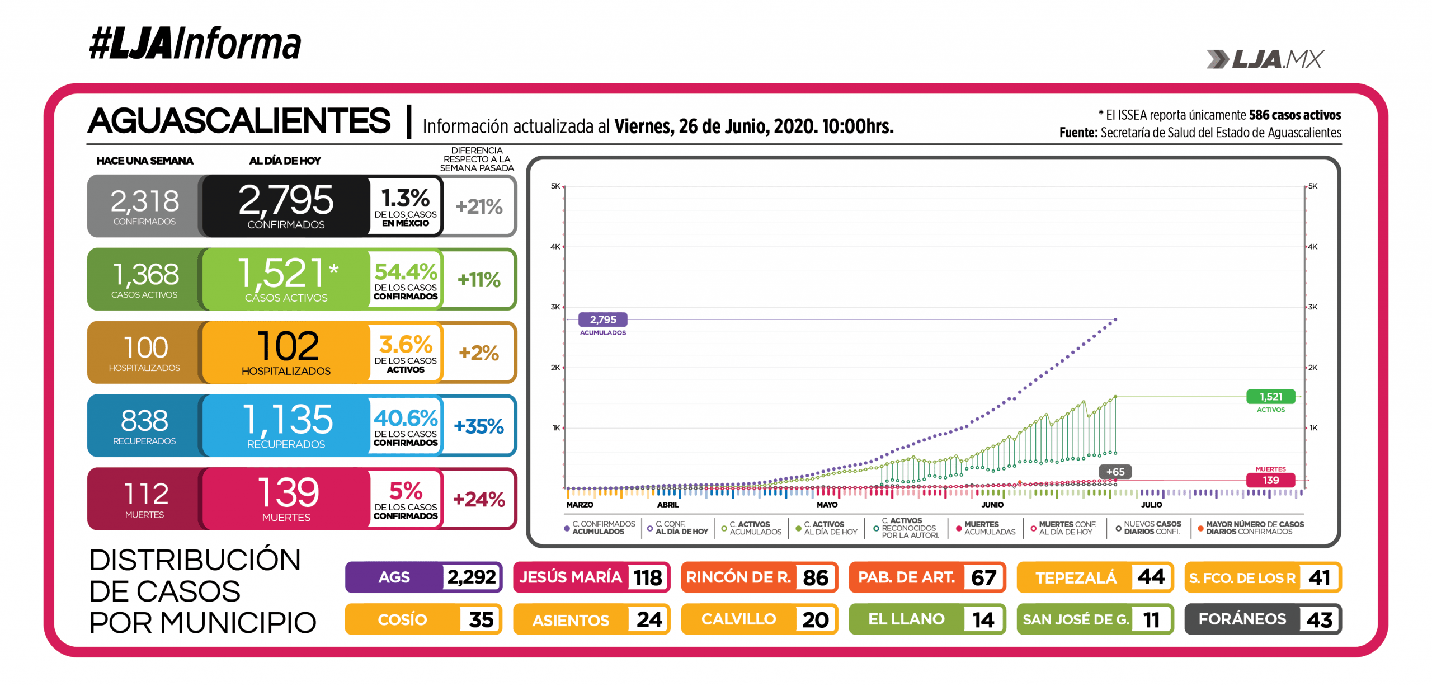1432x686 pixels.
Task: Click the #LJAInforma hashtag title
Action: [195, 44]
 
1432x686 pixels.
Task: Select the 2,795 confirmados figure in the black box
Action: [286, 200]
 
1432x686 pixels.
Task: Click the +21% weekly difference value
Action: [479, 206]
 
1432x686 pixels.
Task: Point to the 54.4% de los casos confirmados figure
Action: [406, 272]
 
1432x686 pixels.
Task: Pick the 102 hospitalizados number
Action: [288, 346]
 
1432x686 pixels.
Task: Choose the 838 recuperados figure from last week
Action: [144, 421]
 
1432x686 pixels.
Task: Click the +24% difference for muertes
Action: [479, 499]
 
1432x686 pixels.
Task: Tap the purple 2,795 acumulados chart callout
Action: [602, 319]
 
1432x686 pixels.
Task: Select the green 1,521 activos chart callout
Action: [1271, 397]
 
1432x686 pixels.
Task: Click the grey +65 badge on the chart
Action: [1115, 472]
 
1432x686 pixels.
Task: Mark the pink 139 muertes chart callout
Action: [1270, 480]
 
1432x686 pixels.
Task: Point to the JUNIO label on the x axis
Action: [992, 505]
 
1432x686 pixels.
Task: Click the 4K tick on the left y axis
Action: [555, 247]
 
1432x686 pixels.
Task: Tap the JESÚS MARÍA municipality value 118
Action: [648, 577]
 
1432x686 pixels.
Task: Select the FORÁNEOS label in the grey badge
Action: [1242, 619]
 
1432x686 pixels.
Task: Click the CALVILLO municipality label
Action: [738, 619]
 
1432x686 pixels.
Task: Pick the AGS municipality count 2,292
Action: [472, 577]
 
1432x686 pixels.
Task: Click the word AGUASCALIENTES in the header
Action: [239, 121]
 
